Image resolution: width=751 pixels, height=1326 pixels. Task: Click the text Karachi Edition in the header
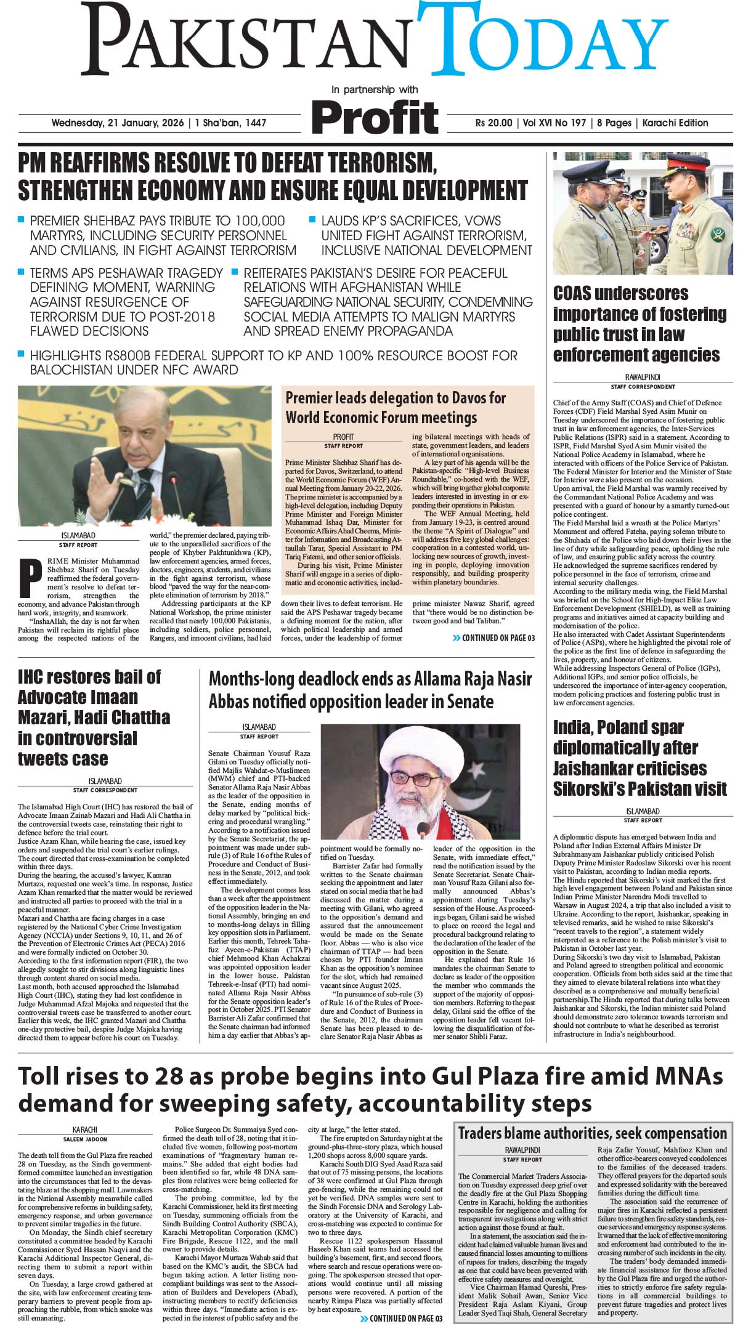tap(675, 123)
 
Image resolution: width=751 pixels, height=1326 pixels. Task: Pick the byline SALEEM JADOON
tap(85, 1139)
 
